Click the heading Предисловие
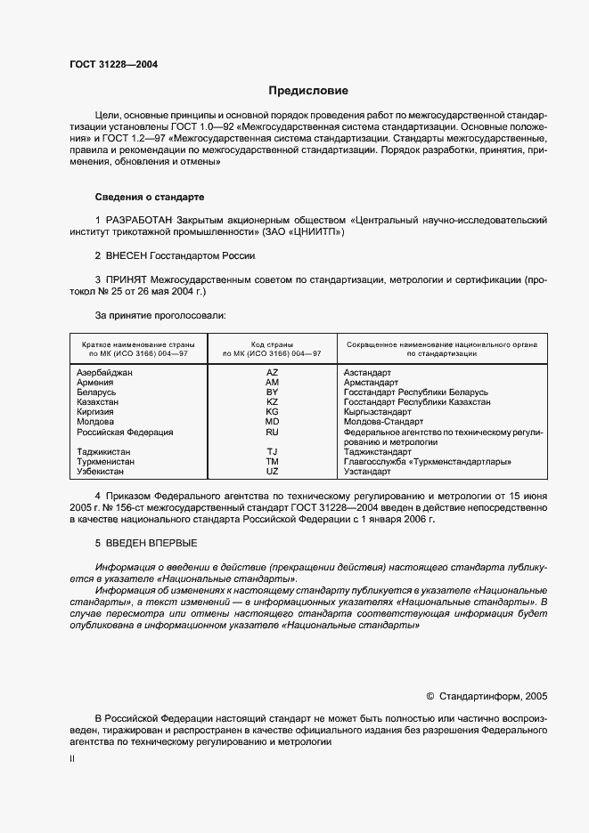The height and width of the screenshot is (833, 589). (309, 91)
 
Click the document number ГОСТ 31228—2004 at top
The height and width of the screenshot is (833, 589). (108, 63)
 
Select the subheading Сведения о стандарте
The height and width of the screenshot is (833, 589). (150, 196)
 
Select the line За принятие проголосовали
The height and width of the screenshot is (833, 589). (160, 315)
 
